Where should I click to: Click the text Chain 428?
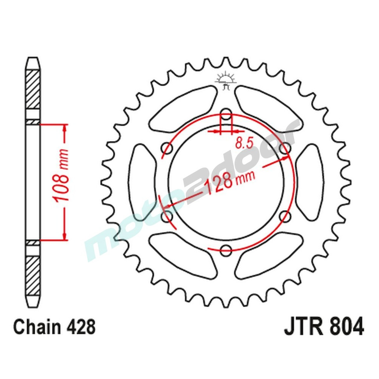(x=54, y=327)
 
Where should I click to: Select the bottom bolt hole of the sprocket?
(x=226, y=249)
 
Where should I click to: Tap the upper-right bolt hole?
(x=285, y=148)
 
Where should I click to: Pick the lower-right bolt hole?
(x=285, y=216)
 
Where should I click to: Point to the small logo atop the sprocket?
(x=226, y=80)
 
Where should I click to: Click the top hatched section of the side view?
(x=33, y=89)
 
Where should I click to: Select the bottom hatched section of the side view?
(x=33, y=273)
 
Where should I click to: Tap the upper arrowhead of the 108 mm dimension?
(x=65, y=129)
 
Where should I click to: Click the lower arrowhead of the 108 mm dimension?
(x=65, y=235)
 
